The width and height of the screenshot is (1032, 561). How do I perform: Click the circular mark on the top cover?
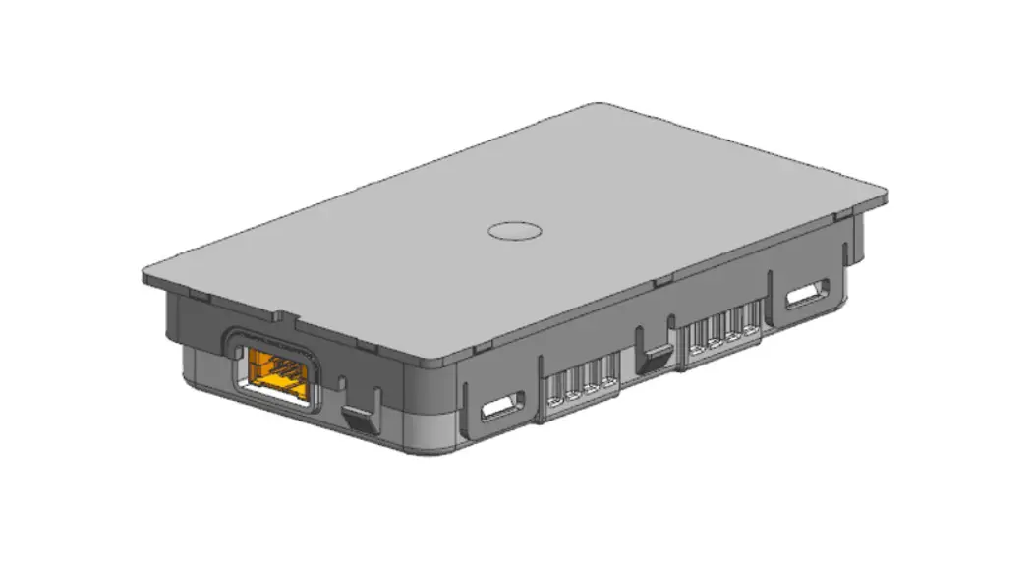coord(515,230)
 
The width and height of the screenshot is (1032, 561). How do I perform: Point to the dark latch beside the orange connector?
coord(361,416)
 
